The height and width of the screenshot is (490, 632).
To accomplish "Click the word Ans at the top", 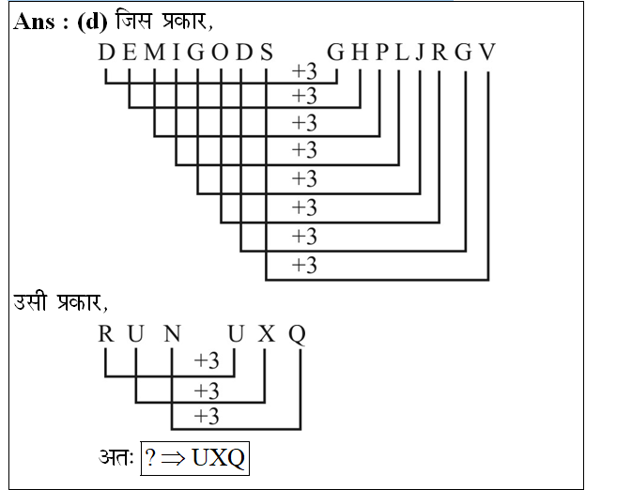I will point(35,22).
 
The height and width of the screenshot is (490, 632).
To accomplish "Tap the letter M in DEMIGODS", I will point(151,53).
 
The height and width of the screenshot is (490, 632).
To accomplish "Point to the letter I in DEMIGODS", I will point(174,53).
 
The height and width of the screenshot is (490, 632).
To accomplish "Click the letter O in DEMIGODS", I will point(220,53).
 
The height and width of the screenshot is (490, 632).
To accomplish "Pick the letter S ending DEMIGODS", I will point(267,53).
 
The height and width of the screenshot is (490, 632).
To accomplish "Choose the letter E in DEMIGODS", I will point(129,53).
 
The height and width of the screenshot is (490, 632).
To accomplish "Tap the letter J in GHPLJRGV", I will point(419,53).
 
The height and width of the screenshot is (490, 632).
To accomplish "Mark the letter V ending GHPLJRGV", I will point(486,53).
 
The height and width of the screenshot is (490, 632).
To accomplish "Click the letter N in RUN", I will point(171,334).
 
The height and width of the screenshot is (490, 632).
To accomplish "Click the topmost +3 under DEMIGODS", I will point(304,72).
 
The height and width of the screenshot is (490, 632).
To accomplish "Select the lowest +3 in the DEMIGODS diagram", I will point(304,266).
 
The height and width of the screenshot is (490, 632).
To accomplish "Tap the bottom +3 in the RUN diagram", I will point(206,415).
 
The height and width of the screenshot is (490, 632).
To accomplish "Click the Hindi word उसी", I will point(34,303).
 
